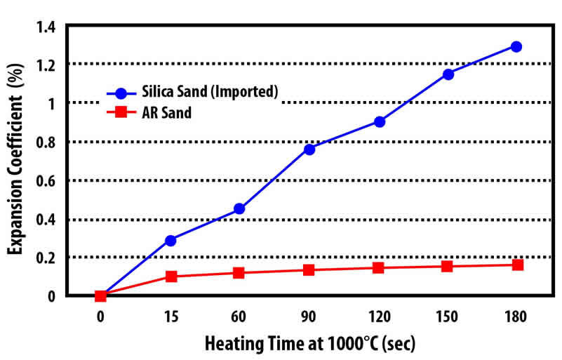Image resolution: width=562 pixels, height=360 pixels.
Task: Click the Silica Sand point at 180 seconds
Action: tap(516, 46)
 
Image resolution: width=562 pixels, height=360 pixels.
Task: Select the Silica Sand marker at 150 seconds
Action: tap(448, 74)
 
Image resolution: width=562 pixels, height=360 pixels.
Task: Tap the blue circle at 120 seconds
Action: tap(380, 121)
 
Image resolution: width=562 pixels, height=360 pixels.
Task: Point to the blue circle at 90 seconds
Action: tap(309, 149)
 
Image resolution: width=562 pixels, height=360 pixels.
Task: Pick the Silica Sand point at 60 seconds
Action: tap(239, 208)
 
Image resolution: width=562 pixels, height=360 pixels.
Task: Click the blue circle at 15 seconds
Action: tap(170, 240)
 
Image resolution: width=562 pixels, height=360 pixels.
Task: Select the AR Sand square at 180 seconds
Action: tap(517, 265)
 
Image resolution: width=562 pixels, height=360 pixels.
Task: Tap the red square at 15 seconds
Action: tap(170, 276)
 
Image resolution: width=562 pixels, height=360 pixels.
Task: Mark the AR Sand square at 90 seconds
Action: tap(309, 269)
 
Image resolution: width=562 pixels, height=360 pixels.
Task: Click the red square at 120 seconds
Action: tap(379, 267)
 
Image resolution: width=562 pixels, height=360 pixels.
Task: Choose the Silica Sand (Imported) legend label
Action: tap(214, 92)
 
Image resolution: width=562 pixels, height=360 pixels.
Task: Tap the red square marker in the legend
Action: tap(121, 111)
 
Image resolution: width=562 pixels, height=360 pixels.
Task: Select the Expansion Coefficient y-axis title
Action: tap(14, 161)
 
